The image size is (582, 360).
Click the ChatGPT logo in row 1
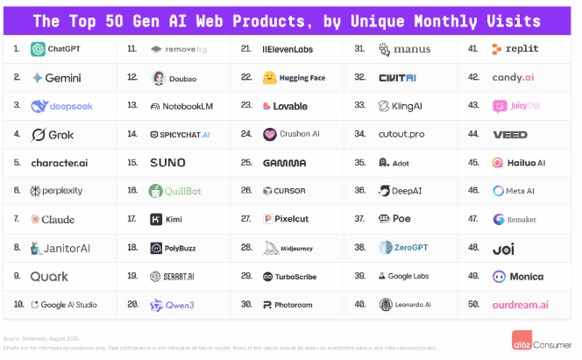38,50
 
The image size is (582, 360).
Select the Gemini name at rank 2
63,78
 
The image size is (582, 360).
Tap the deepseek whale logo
39,106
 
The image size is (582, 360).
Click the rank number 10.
18,304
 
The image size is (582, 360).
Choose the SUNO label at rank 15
167,163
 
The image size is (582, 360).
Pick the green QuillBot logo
155,191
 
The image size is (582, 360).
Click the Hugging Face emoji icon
270,78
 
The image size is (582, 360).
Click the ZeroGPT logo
387,248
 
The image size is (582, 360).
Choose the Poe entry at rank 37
395,219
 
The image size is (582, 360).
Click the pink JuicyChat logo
499,106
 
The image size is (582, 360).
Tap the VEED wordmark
510,135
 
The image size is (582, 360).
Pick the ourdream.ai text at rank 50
520,304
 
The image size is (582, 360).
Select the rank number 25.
246,163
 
